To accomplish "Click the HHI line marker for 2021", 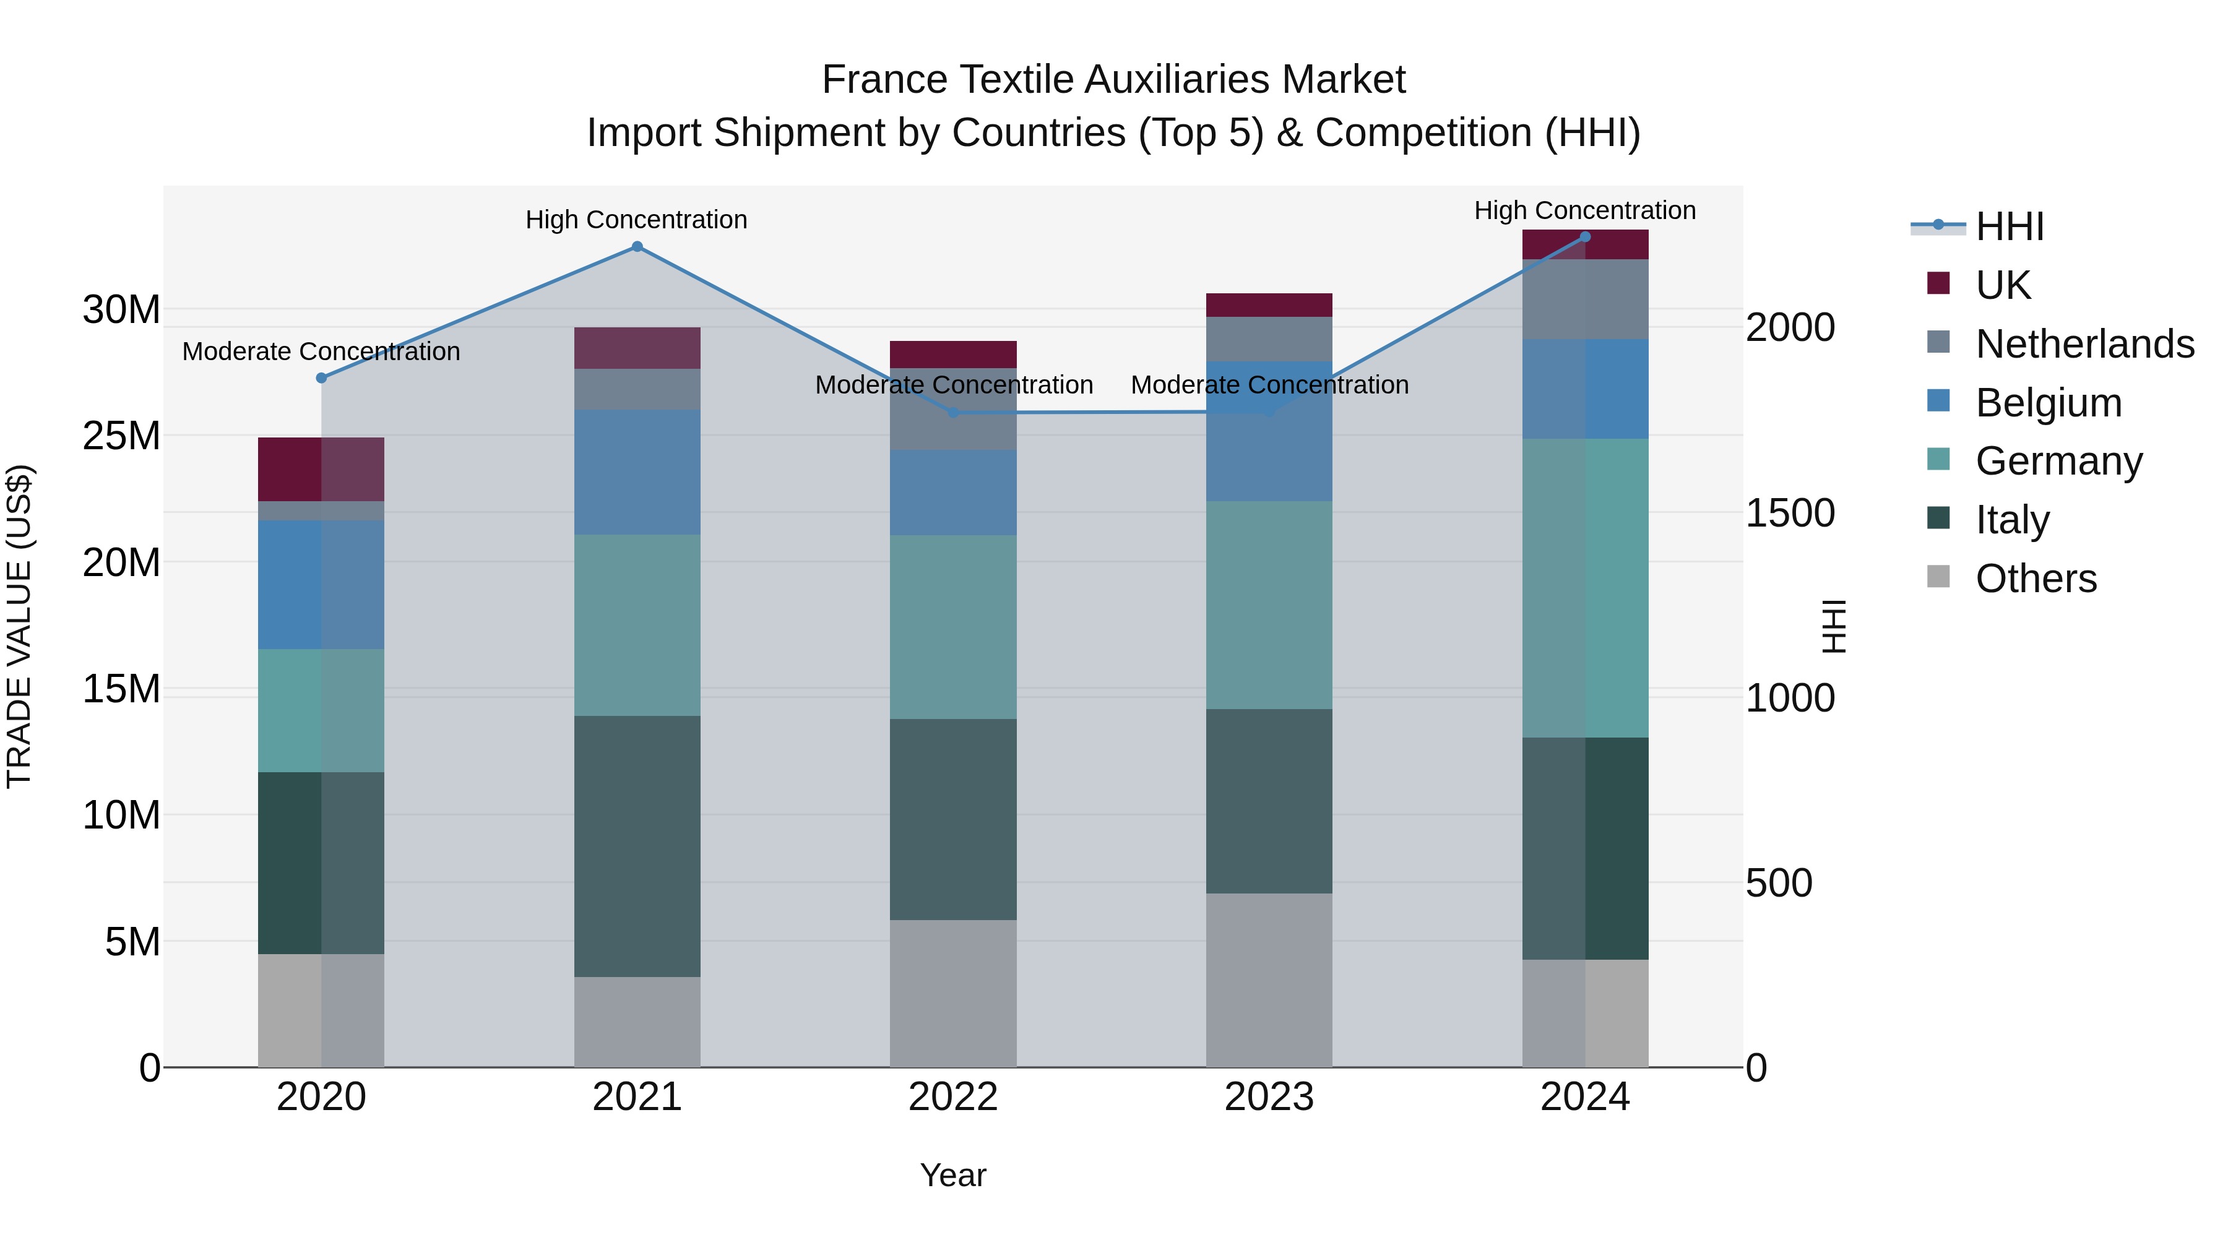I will coord(637,246).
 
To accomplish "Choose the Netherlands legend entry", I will coord(2084,344).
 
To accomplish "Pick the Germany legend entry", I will coord(2058,461).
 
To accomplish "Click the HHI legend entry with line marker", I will coord(2009,226).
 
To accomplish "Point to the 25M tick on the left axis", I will coord(121,436).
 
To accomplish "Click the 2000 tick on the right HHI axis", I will coord(1789,328).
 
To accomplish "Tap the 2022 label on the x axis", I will coord(952,1097).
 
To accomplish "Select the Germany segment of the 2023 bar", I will coord(1269,605).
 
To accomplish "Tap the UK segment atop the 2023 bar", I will coord(1269,305).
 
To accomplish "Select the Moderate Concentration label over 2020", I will coord(321,352).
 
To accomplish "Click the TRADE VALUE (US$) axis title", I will coord(19,626).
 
